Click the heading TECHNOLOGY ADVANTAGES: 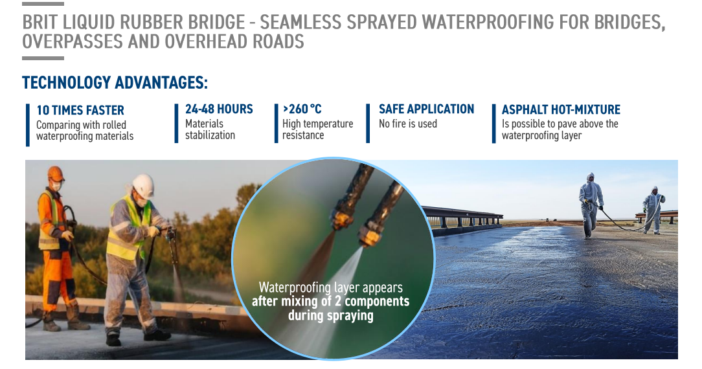click(x=115, y=83)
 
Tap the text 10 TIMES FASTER click(x=80, y=110)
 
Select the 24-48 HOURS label click(x=219, y=109)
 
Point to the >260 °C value click(x=302, y=109)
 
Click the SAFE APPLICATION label click(x=426, y=109)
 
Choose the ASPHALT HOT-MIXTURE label click(x=561, y=109)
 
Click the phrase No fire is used click(x=408, y=124)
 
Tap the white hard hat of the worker click(x=143, y=185)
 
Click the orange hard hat click(x=56, y=173)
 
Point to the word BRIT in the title click(x=40, y=23)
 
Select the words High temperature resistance click(x=317, y=129)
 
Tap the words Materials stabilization click(x=210, y=129)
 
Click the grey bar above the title click(x=43, y=4)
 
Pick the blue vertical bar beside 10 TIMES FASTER click(x=28, y=125)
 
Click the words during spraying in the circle click(x=330, y=315)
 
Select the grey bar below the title click(x=43, y=58)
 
